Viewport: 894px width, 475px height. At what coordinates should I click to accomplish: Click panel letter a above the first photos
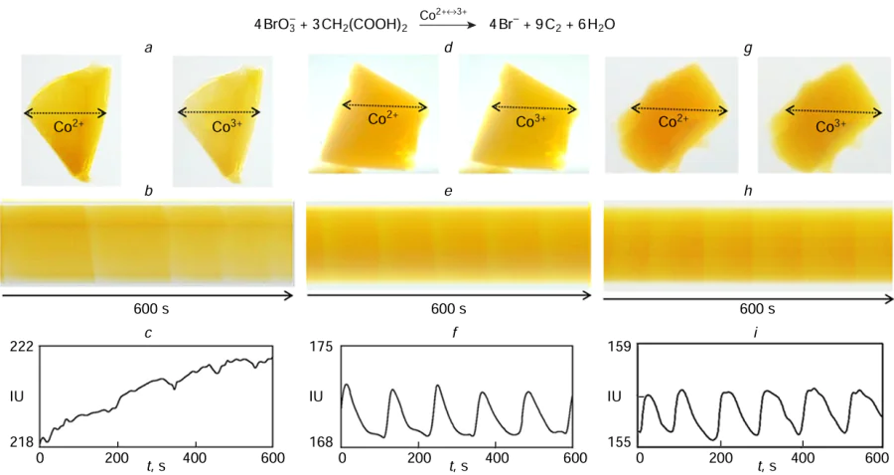pyautogui.click(x=148, y=48)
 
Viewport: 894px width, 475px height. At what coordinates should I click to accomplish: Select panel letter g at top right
pyautogui.click(x=747, y=48)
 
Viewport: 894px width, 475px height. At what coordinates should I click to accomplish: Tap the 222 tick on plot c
pyautogui.click(x=22, y=347)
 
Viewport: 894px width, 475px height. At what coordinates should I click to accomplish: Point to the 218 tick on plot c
pyautogui.click(x=22, y=441)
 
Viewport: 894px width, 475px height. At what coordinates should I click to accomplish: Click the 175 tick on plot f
pyautogui.click(x=322, y=347)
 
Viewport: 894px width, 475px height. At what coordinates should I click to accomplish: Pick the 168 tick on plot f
pyautogui.click(x=322, y=441)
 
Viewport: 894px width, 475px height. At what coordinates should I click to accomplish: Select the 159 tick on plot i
pyautogui.click(x=620, y=347)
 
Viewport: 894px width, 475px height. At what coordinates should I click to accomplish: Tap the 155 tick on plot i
pyautogui.click(x=620, y=441)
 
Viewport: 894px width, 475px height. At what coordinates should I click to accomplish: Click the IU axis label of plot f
pyautogui.click(x=316, y=396)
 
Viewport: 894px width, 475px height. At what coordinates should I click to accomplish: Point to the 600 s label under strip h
pyautogui.click(x=747, y=308)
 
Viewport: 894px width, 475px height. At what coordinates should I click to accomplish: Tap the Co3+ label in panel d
pyautogui.click(x=530, y=121)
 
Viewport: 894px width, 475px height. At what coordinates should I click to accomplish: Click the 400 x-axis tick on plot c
pyautogui.click(x=195, y=458)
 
